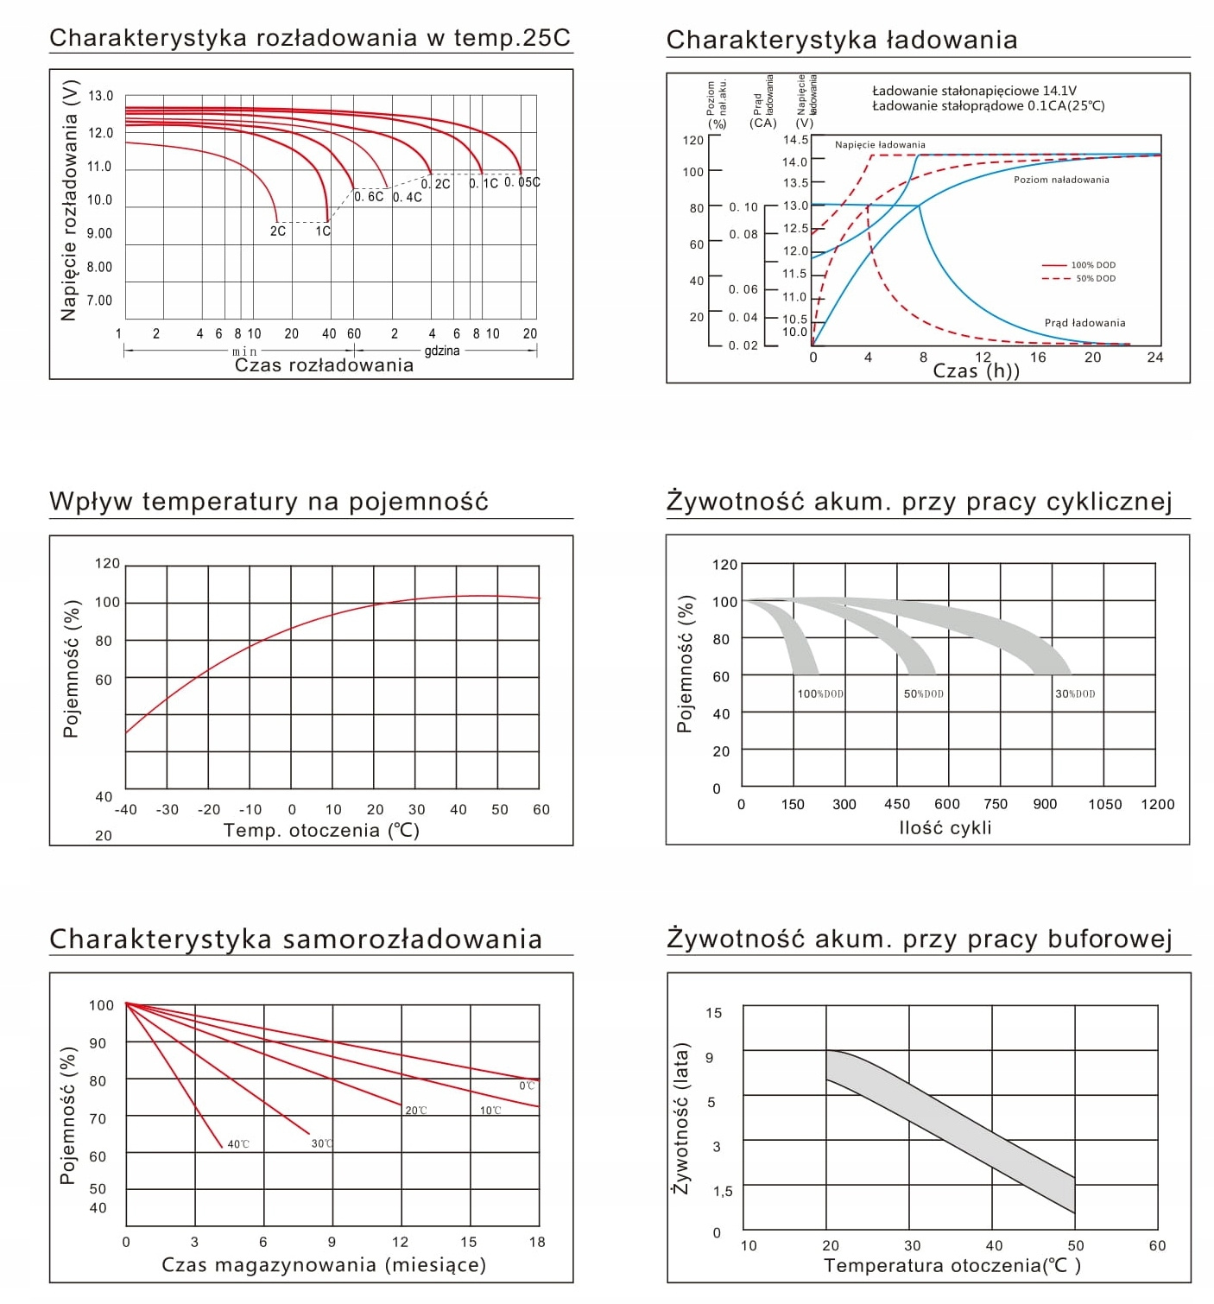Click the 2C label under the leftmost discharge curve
pos(277,231)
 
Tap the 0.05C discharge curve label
pos(522,182)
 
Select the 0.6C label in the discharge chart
pos(369,197)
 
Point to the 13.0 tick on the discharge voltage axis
pos(100,96)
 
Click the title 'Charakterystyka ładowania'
pos(842,40)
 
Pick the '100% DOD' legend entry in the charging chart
pos(1093,265)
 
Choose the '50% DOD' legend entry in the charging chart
pos(1095,278)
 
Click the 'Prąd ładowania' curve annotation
pos(1084,323)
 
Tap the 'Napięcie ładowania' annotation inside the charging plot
pos(880,145)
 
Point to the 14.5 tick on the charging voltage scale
pos(795,140)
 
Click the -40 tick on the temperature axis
pos(126,810)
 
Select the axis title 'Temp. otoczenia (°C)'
pos(321,831)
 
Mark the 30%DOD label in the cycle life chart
pos(1075,694)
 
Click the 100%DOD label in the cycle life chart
pos(820,694)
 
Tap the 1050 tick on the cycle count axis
pos(1104,805)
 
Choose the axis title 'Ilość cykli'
pos(945,828)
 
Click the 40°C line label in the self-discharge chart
pos(238,1145)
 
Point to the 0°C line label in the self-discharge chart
pos(527,1086)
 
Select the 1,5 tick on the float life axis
pos(723,1192)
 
